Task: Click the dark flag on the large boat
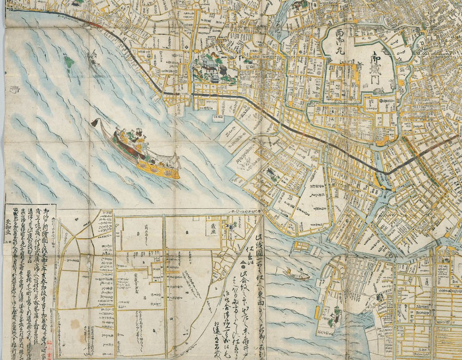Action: click(96, 123)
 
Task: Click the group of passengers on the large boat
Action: click(130, 138)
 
